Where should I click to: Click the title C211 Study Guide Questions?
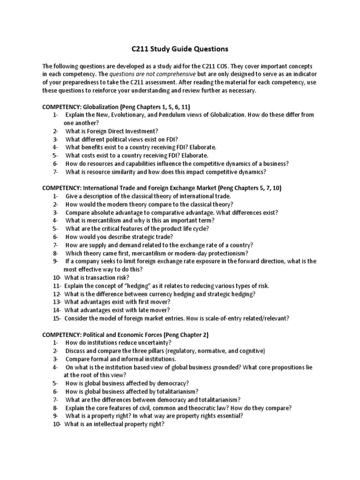180,48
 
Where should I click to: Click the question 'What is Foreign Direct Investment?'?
112,131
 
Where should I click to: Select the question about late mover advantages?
117,310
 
